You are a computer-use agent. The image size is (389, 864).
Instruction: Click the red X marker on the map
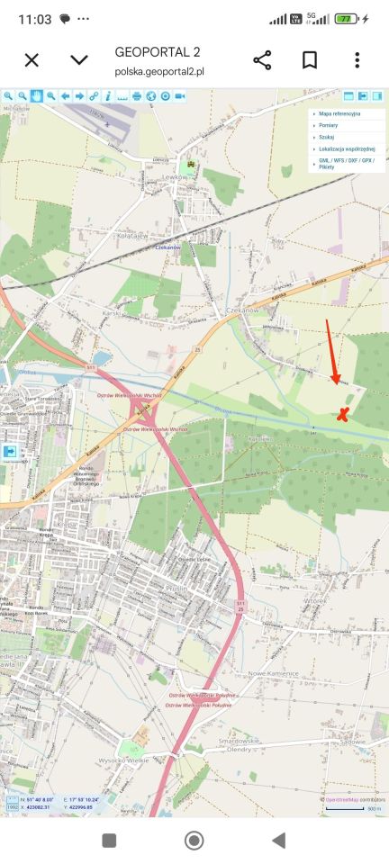coord(342,414)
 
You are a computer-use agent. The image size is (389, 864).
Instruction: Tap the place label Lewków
coord(176,177)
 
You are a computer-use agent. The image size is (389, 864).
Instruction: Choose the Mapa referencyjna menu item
coord(339,114)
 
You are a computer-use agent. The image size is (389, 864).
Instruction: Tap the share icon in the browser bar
coord(262,60)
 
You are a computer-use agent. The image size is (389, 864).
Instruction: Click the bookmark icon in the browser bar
coord(309,60)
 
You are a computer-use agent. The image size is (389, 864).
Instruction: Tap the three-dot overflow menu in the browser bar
coord(357,60)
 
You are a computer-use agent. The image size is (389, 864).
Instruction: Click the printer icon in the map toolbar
coord(137,95)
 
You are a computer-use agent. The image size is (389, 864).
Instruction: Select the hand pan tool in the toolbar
coord(37,95)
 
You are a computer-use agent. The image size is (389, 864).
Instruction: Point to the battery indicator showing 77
coord(346,19)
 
